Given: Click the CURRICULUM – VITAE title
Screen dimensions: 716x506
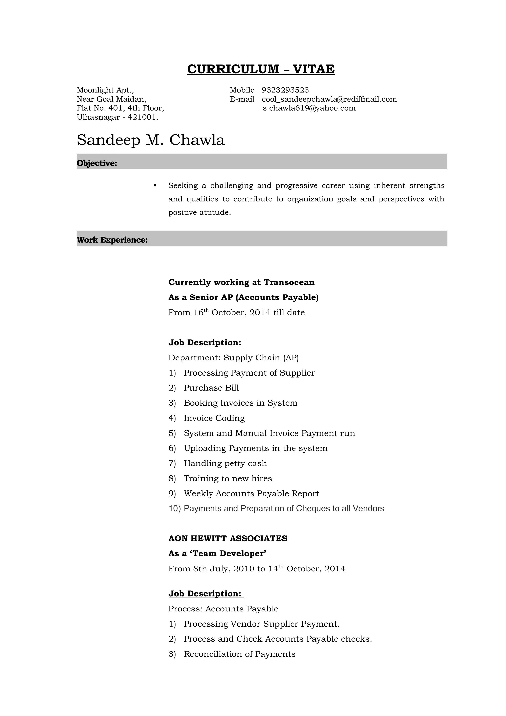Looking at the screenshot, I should coord(261,69).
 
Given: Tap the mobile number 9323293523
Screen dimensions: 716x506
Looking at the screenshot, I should coord(285,90).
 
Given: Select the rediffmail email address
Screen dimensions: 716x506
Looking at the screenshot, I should coord(329,99).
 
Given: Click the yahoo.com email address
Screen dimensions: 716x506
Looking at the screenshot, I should coord(309,108).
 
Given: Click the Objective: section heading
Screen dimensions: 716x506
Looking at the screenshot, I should coord(97,163).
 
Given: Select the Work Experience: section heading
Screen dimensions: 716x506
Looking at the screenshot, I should coord(112,240).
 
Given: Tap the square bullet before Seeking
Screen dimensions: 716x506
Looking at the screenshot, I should coord(155,186).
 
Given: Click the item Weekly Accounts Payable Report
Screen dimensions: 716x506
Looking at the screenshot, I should coord(251,493).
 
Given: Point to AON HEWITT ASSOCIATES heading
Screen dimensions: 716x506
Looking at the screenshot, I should coord(228,539).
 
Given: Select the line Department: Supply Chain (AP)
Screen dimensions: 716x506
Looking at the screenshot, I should coord(233,358).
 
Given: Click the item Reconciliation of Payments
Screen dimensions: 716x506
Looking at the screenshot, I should coord(239,654).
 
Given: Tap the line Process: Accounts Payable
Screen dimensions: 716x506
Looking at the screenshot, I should coord(223,609).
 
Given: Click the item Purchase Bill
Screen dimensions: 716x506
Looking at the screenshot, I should coord(211,388).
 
